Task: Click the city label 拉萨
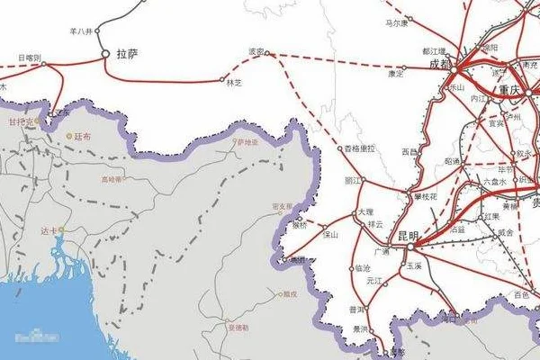pos(127,54)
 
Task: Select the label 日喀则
pos(30,58)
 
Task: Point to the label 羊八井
pos(80,31)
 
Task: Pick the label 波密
pos(257,52)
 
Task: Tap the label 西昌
pos(409,152)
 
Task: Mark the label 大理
pos(364,212)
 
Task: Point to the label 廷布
pos(83,136)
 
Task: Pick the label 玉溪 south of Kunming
pos(414,267)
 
